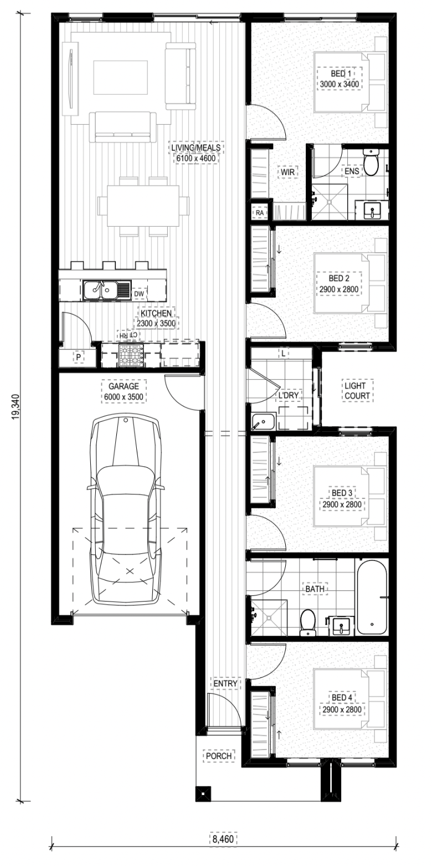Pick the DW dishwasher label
(x=139, y=294)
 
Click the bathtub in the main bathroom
(x=372, y=597)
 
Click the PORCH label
(x=219, y=756)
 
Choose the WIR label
(x=288, y=172)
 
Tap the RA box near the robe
(x=259, y=212)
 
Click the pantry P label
(x=79, y=358)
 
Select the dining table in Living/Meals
(x=143, y=206)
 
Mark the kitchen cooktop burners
(x=131, y=355)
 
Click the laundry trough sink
(x=263, y=421)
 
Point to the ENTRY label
(x=225, y=684)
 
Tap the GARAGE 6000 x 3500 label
(x=124, y=391)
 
